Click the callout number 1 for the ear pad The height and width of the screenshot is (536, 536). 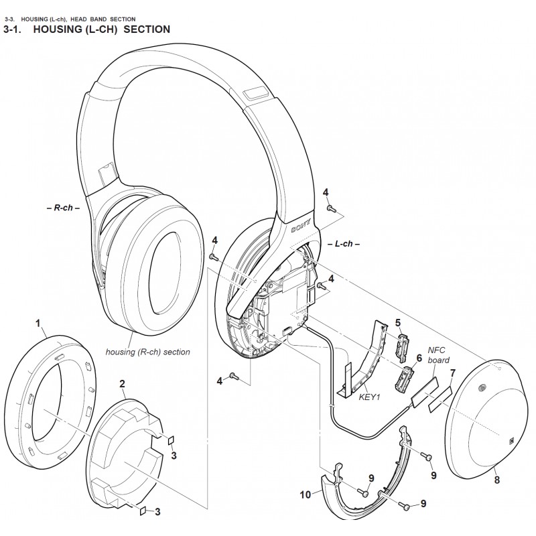tap(38, 323)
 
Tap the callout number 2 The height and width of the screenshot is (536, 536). tap(123, 383)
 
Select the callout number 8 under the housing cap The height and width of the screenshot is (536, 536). tap(496, 480)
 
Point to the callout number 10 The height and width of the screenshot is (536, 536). tap(306, 494)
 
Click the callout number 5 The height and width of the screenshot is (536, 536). tap(397, 322)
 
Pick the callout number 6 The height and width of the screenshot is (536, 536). tap(419, 358)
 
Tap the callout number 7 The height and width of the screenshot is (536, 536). tap(453, 373)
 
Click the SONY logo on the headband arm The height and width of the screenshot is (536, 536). tap(301, 226)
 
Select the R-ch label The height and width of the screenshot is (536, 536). tap(63, 208)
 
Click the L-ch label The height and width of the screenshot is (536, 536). tap(344, 244)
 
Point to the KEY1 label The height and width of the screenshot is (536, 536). tap(370, 397)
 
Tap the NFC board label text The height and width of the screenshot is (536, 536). tap(438, 355)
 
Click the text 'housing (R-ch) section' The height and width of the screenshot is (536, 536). tap(147, 352)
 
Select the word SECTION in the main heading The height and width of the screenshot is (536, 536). tap(147, 29)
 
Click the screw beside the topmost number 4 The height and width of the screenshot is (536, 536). tap(330, 207)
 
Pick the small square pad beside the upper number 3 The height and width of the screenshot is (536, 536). tap(172, 440)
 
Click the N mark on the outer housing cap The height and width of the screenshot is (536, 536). tap(513, 441)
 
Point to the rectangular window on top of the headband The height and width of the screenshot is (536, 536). tap(255, 92)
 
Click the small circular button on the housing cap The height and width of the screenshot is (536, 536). tap(483, 387)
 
